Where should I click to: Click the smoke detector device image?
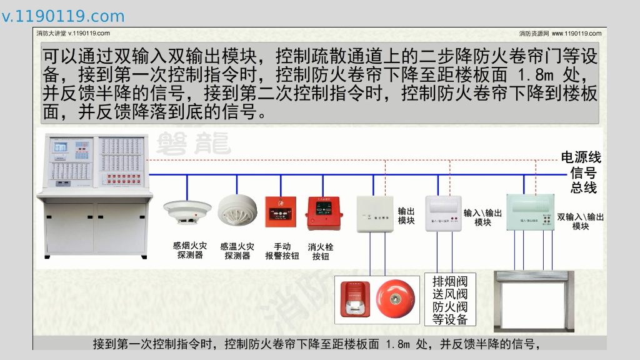(x=187, y=211)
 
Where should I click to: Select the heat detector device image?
(x=237, y=210)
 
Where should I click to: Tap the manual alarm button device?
(x=280, y=212)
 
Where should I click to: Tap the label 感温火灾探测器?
(x=237, y=251)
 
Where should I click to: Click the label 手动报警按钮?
(x=282, y=251)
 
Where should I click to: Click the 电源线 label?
(x=581, y=157)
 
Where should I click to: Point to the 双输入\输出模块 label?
(x=581, y=221)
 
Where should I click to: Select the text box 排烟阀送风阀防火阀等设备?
(x=450, y=300)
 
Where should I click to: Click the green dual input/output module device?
(x=530, y=212)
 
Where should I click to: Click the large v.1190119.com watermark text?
(x=63, y=17)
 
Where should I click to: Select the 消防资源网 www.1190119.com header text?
(x=560, y=34)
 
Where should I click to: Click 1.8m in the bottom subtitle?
(x=397, y=344)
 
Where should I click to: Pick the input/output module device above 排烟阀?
(x=442, y=213)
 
